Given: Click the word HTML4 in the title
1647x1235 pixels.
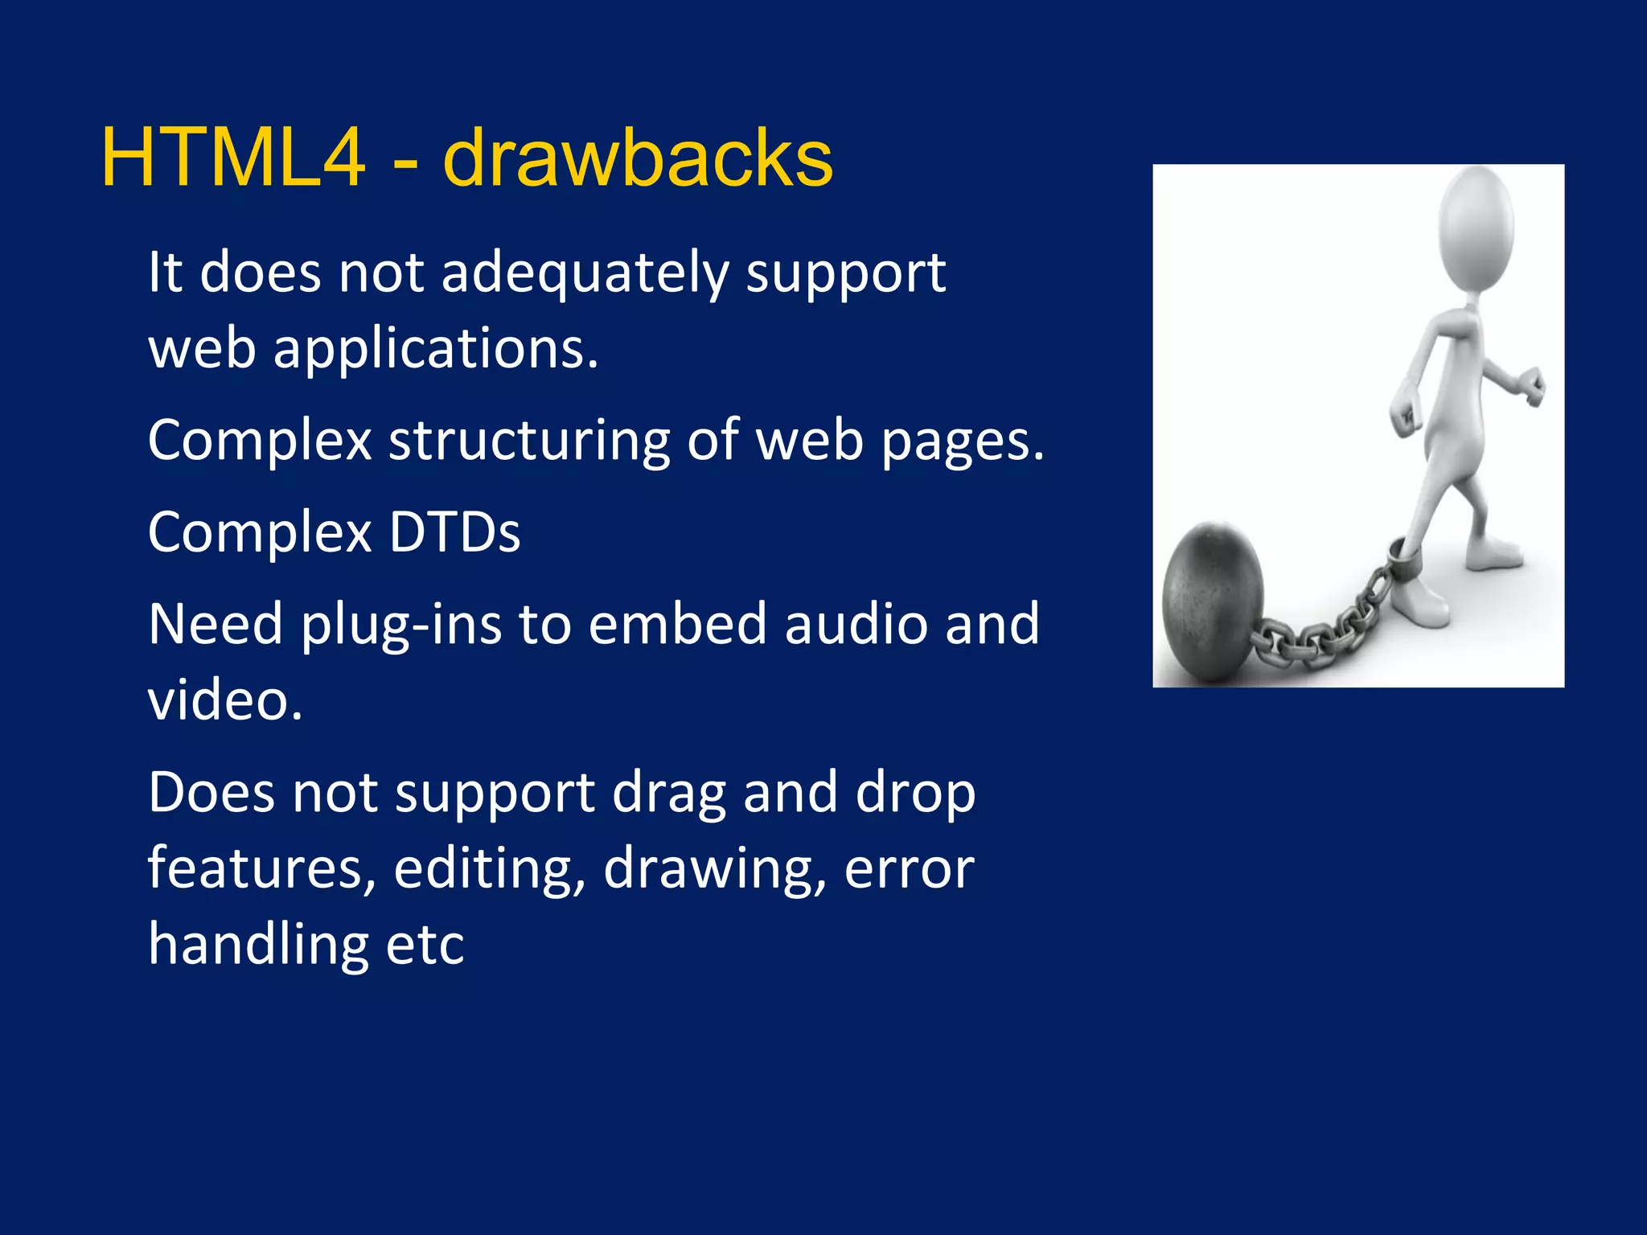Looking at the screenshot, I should click(x=233, y=158).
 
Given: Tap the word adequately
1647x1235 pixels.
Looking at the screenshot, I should click(x=585, y=273).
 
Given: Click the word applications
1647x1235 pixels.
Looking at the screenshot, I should click(x=436, y=350).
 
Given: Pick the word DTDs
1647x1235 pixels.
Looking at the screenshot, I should click(x=454, y=532).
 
